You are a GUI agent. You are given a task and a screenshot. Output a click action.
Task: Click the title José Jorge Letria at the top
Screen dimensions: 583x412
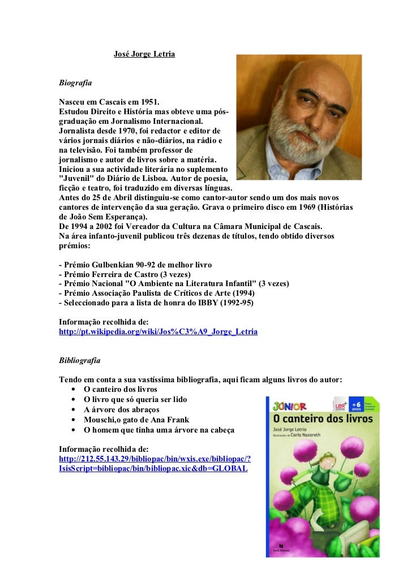(144, 54)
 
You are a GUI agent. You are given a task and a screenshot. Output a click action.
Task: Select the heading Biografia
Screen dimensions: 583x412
(75, 82)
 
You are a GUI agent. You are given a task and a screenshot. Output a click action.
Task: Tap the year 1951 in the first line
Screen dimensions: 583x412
(149, 102)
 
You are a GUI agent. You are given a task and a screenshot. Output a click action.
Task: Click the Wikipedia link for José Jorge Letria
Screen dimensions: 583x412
(158, 332)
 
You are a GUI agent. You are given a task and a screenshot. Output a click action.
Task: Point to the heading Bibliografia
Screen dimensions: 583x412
(80, 360)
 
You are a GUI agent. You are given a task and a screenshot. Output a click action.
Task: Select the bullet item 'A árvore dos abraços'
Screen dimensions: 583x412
(121, 409)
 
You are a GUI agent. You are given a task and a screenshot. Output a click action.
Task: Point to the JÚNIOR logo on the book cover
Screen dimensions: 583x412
(289, 406)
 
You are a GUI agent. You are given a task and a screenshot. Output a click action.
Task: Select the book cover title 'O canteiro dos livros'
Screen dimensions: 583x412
(323, 419)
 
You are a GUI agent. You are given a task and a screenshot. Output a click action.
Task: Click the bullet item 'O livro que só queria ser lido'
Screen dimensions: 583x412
(135, 399)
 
